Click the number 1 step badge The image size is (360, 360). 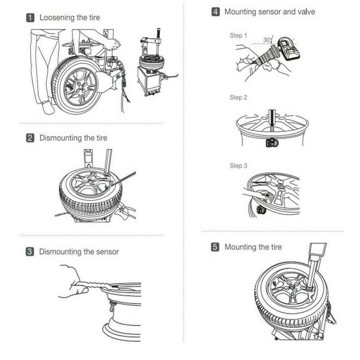coord(30,18)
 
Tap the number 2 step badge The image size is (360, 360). coord(30,138)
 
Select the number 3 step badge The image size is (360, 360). coord(30,252)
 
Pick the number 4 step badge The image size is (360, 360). coord(216,12)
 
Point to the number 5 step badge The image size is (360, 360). coord(215,247)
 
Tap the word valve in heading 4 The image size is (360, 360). coord(306,12)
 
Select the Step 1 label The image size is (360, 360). coord(238,36)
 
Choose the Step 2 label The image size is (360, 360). coord(238,97)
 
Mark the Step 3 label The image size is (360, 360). coord(238,166)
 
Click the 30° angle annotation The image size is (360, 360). coord(268,40)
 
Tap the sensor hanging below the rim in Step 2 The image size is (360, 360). coord(272,143)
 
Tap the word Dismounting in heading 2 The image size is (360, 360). coord(61,138)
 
